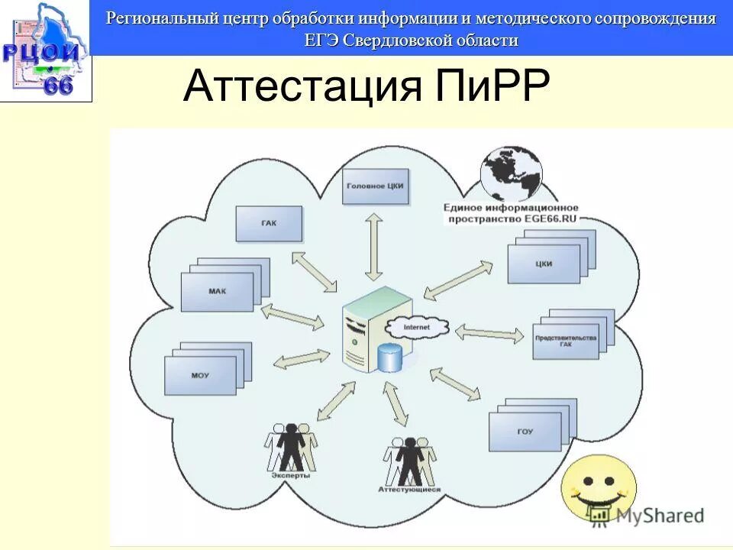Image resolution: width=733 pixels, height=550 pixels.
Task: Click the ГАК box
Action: coord(270,224)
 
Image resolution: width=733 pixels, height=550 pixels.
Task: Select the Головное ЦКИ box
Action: coord(375,186)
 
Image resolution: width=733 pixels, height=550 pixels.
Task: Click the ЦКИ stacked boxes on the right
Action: coord(545,262)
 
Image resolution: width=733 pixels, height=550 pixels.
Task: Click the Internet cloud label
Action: coord(416,327)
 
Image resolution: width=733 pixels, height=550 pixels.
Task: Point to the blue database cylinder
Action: coord(389,357)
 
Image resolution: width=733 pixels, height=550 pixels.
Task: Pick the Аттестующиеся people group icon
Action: coord(409,461)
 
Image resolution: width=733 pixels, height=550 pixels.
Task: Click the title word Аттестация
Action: coord(302,86)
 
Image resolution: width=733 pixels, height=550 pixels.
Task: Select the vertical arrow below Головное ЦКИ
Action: coord(373,246)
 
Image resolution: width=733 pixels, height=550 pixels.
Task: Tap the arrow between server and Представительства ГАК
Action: coord(489,332)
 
